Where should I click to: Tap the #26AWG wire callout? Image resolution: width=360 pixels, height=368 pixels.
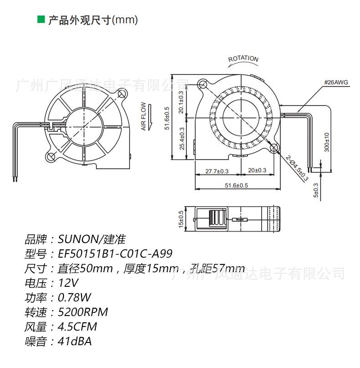(336, 83)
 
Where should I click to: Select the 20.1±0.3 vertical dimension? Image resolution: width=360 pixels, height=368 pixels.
(181, 103)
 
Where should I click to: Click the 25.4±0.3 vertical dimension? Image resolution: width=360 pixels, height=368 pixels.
(181, 140)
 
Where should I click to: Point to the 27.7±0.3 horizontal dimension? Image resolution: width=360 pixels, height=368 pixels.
(217, 171)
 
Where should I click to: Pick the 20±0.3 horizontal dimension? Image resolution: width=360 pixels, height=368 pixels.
(257, 171)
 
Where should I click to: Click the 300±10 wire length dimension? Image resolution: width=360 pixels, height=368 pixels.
(326, 143)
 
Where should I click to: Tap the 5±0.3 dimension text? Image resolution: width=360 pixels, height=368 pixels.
(316, 190)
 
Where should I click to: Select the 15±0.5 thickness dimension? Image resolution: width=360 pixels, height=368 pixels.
(180, 219)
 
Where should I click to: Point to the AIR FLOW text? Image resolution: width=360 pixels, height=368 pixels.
(143, 117)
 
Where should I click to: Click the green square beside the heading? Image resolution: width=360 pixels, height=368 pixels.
(41, 20)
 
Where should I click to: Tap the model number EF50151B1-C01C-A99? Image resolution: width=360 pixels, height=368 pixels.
(115, 254)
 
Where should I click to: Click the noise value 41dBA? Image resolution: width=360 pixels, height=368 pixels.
(75, 341)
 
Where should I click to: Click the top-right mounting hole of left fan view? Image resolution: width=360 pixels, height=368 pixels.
(122, 94)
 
